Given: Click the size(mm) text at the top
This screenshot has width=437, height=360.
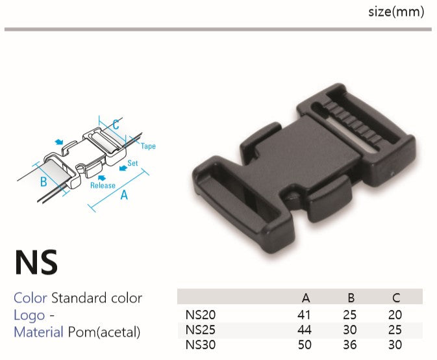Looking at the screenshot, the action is tap(396, 12).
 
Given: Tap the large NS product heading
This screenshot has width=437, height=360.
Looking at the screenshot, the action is tap(36, 262).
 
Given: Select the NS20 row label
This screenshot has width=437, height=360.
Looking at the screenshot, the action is tap(201, 315).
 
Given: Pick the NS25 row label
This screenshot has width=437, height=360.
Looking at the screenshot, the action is tap(201, 330).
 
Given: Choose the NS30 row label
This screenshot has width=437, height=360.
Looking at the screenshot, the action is tap(201, 345).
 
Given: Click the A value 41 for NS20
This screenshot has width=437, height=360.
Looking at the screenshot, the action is tap(304, 315).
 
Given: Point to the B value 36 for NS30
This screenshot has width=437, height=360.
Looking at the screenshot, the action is tap(350, 345).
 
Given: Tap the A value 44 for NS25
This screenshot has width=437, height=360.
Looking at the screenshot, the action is tap(305, 330).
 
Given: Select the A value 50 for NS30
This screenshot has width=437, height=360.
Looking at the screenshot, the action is tap(305, 345).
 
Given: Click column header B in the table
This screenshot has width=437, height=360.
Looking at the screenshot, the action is tap(351, 298).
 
